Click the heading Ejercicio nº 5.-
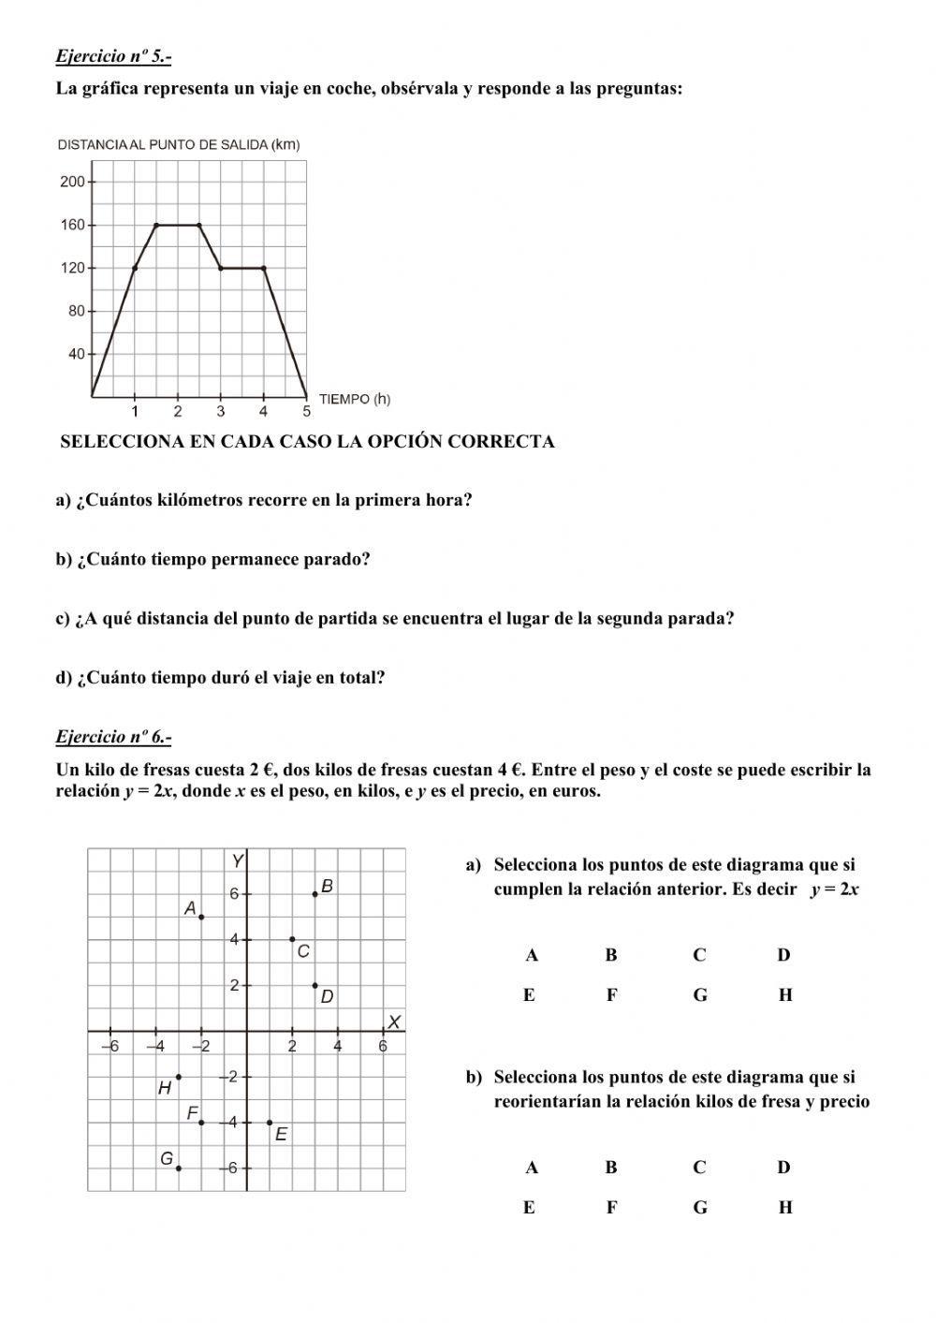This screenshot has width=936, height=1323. pyautogui.click(x=113, y=56)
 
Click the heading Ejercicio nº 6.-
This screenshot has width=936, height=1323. pyautogui.click(x=113, y=737)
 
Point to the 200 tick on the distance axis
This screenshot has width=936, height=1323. pyautogui.click(x=72, y=182)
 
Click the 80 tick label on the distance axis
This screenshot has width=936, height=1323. pyautogui.click(x=76, y=311)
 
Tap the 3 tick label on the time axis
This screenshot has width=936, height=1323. pyautogui.click(x=221, y=411)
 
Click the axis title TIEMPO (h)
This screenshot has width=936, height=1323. pyautogui.click(x=355, y=399)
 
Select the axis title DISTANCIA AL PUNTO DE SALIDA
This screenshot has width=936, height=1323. pyautogui.click(x=178, y=144)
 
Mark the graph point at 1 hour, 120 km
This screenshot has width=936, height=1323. pyautogui.click(x=135, y=268)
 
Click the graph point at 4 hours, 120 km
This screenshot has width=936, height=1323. pyautogui.click(x=263, y=268)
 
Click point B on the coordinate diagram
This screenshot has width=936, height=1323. pyautogui.click(x=315, y=894)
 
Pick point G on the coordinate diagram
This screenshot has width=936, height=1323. pyautogui.click(x=179, y=1168)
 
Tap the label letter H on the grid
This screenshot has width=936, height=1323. pyautogui.click(x=165, y=1088)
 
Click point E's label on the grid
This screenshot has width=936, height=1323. pyautogui.click(x=281, y=1134)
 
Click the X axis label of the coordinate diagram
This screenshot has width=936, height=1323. pyautogui.click(x=395, y=1021)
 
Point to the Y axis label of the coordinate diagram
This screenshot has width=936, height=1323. pyautogui.click(x=239, y=860)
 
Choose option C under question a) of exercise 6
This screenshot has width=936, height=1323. pyautogui.click(x=699, y=955)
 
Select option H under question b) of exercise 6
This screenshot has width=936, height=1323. pyautogui.click(x=785, y=1207)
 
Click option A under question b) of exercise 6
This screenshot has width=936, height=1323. pyautogui.click(x=532, y=1167)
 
